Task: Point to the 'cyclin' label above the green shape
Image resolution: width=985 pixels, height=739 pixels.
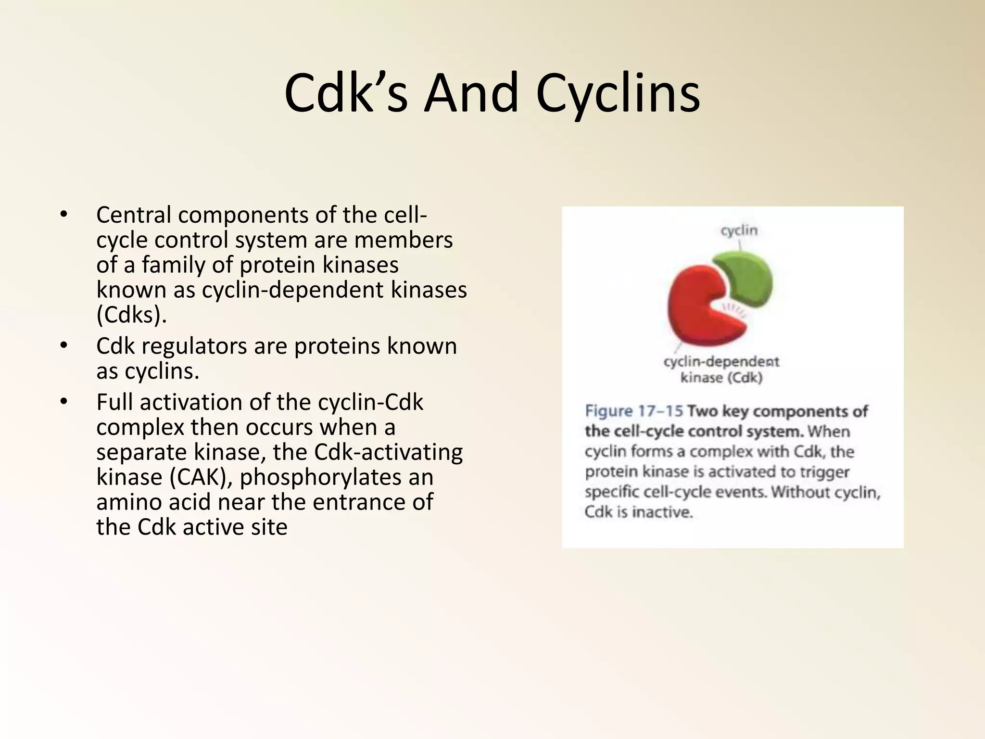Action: point(739,230)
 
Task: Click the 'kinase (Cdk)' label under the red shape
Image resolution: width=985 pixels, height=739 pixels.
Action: point(721,378)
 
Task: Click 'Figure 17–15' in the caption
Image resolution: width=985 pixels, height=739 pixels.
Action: point(633,411)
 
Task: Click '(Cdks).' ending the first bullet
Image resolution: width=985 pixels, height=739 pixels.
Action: point(131,315)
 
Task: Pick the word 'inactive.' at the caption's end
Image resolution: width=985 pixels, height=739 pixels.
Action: point(662,512)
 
